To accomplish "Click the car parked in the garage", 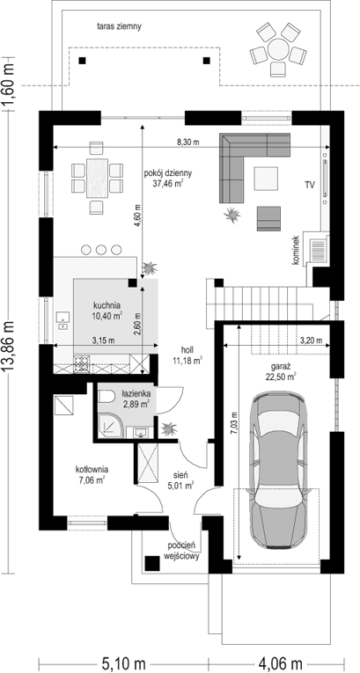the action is pyautogui.click(x=279, y=471).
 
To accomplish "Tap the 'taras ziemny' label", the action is pyautogui.click(x=120, y=26).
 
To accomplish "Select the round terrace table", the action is pyautogui.click(x=278, y=49).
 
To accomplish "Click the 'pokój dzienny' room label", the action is pyautogui.click(x=168, y=174).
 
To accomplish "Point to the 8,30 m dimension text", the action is pyautogui.click(x=189, y=143).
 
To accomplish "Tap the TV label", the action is pyautogui.click(x=310, y=186).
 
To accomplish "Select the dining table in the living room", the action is pyautogui.click(x=97, y=178).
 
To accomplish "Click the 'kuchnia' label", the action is pyautogui.click(x=107, y=305).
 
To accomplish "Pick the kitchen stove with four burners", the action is pyautogui.click(x=80, y=364).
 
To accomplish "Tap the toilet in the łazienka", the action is pyautogui.click(x=106, y=395).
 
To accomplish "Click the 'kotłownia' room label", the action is pyautogui.click(x=92, y=469).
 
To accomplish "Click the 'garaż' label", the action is pyautogui.click(x=282, y=367).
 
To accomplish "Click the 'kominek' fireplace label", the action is pyautogui.click(x=296, y=252).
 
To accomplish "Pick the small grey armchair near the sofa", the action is pyautogui.click(x=269, y=218).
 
